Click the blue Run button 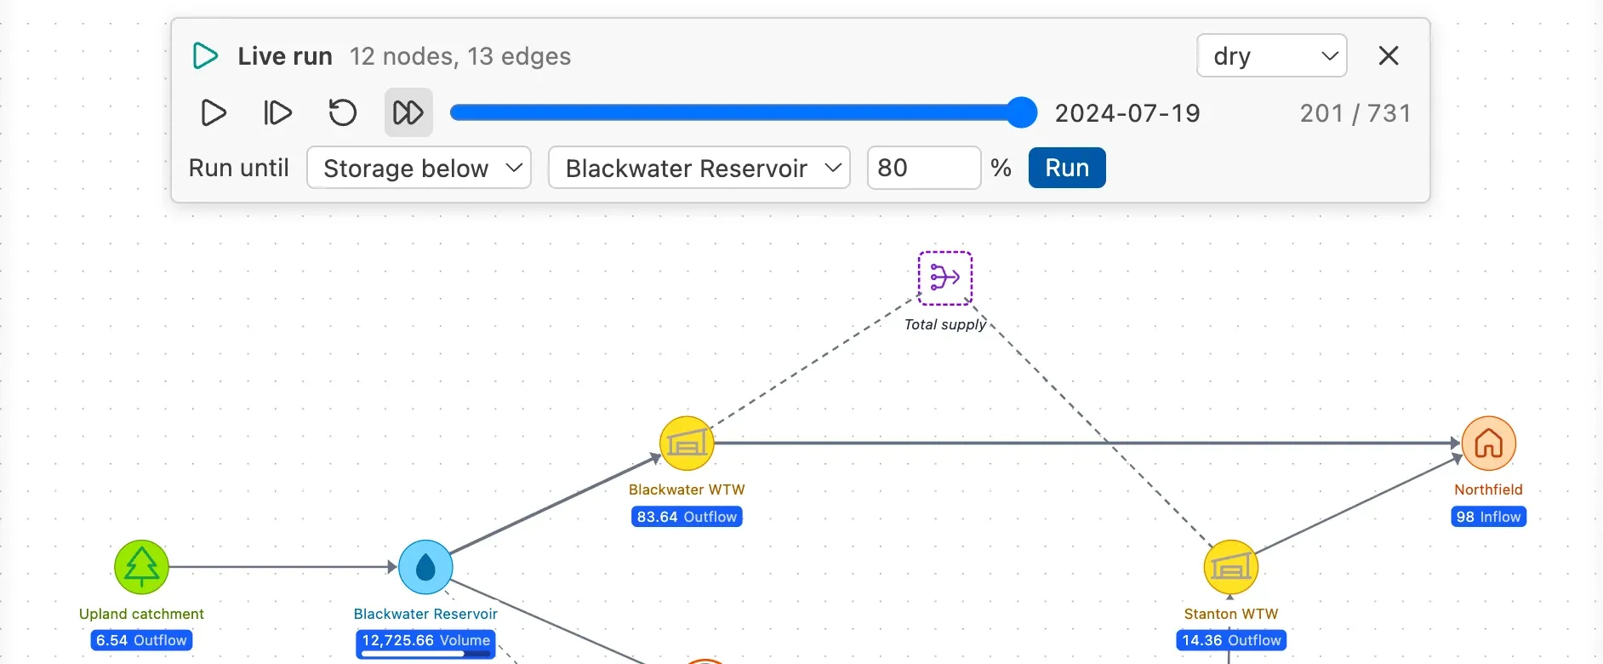click(1067, 168)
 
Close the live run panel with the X click(1389, 56)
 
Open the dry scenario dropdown click(1271, 56)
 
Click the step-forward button click(277, 112)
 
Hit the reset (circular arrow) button click(343, 112)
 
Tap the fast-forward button click(408, 112)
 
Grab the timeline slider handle click(1021, 112)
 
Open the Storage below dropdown click(419, 168)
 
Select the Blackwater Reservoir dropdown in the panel click(699, 168)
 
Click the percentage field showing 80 click(924, 168)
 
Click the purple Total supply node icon click(945, 278)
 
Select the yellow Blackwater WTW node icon click(687, 444)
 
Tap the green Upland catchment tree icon click(142, 567)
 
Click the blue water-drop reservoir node click(425, 567)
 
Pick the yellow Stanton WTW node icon click(1230, 567)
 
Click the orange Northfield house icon click(1489, 444)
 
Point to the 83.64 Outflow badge click(687, 517)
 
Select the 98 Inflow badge click(1489, 517)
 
